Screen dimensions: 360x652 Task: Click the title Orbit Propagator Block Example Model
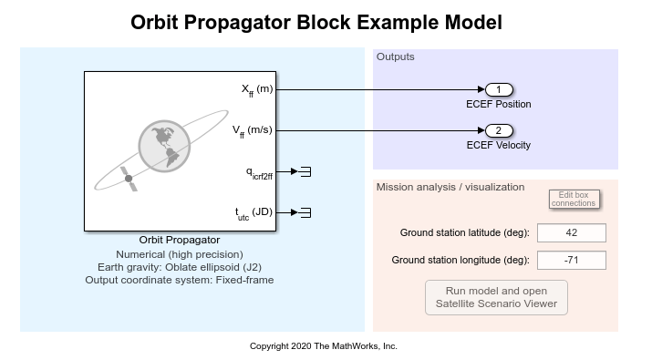pos(316,22)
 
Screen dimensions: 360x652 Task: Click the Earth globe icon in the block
pos(163,144)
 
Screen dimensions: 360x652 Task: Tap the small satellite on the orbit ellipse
pos(129,180)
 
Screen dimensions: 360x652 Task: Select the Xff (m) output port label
pos(256,89)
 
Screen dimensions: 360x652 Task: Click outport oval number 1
pos(499,89)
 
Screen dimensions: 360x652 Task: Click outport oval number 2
pos(499,130)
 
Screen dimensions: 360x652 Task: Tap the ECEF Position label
pos(499,104)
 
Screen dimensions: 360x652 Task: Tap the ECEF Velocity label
pos(499,145)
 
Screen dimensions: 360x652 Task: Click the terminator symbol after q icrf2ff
pos(306,171)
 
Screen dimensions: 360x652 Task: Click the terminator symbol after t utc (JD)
pos(306,212)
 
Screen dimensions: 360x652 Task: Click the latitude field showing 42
pos(572,232)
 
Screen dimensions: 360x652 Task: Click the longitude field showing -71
pos(572,261)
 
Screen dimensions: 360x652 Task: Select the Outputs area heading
pos(395,57)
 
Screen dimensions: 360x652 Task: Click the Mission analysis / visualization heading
pos(450,187)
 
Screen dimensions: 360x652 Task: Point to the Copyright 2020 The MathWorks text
pos(324,346)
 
